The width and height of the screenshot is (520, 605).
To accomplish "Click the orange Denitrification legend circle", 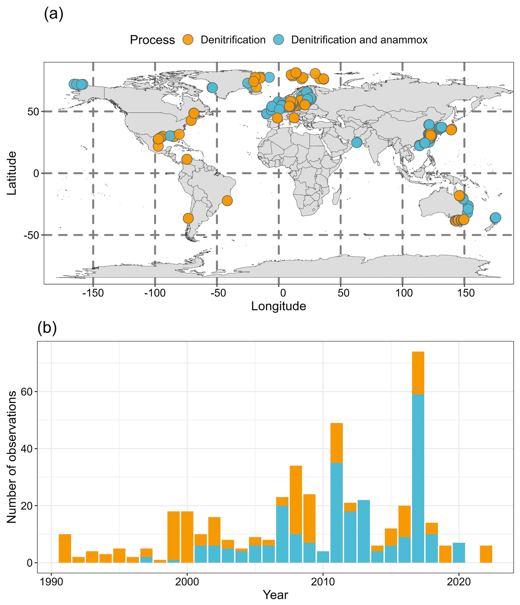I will click(x=188, y=40).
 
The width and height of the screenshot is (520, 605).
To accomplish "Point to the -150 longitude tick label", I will click(x=93, y=293).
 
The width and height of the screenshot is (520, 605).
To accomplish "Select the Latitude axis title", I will click(x=12, y=173).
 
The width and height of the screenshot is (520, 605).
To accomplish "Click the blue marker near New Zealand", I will click(x=495, y=218).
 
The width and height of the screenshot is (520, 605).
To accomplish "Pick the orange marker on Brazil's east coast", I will click(x=227, y=200).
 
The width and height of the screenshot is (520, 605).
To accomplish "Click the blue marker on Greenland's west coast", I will click(x=212, y=87).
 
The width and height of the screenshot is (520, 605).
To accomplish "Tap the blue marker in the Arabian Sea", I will click(x=356, y=143).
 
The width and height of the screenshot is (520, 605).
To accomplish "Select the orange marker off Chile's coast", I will click(x=188, y=218).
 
